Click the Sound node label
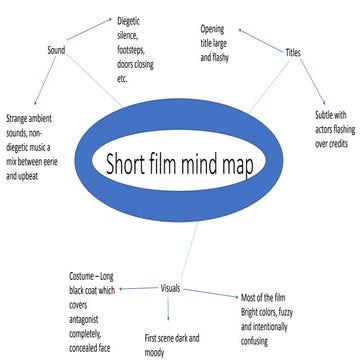56,50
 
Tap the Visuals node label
171,288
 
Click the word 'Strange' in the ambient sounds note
21,118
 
